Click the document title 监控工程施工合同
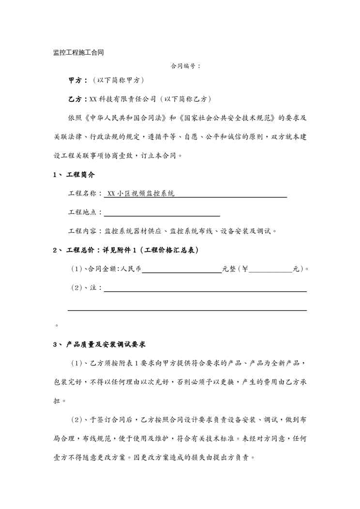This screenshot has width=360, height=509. [x=78, y=52]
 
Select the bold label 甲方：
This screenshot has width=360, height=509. [x=78, y=80]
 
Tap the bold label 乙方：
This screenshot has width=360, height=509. [x=78, y=99]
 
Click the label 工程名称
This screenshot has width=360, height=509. [x=83, y=194]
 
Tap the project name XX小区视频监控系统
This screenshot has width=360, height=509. [x=141, y=194]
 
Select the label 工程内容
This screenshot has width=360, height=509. [x=83, y=231]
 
